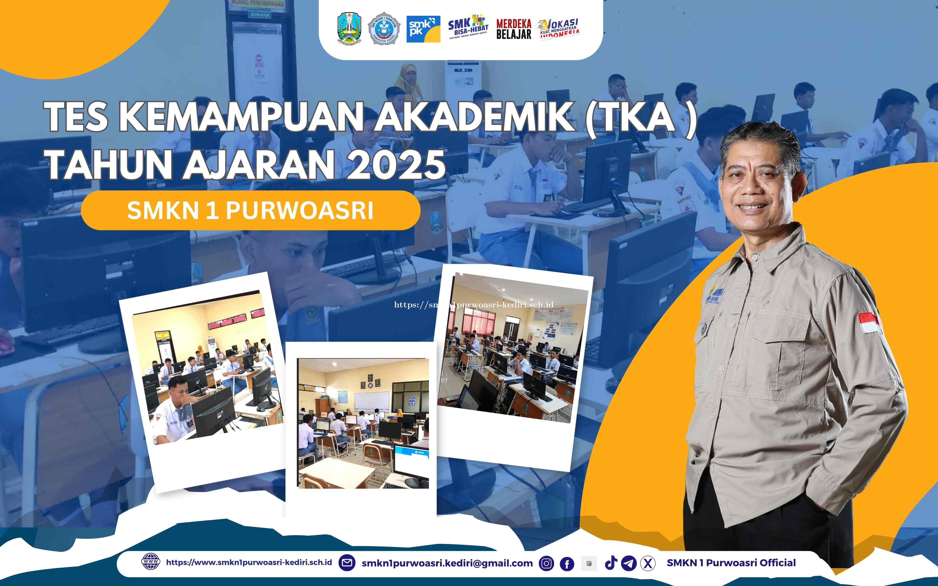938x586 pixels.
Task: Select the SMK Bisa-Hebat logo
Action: coord(468,28)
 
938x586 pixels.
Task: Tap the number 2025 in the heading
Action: coord(395,165)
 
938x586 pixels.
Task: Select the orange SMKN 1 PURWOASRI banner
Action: coord(250,210)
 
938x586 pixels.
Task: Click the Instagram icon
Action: coord(546,563)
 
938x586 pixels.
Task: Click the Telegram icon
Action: coord(629,563)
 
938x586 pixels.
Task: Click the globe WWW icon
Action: coord(150,562)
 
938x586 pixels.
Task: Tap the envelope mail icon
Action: coord(347,563)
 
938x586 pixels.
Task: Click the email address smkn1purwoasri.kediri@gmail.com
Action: coord(447,563)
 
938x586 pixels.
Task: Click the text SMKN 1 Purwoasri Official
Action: coord(731,563)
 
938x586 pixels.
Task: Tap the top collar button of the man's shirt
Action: coord(754,257)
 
